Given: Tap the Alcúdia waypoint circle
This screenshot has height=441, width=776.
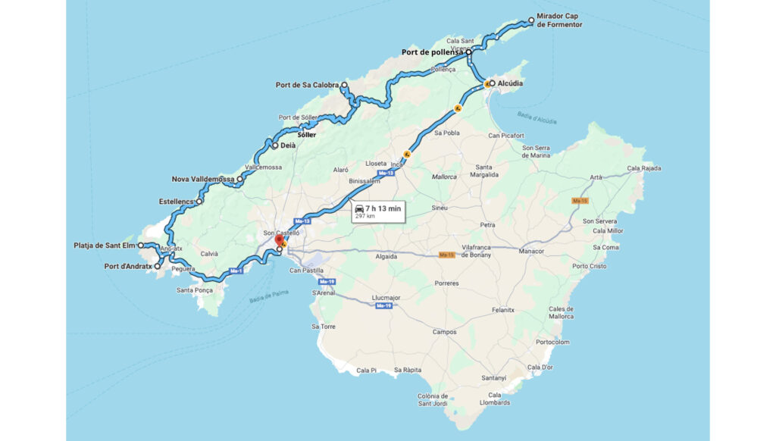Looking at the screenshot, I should point(492,83).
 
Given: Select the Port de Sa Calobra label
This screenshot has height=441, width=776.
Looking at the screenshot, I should point(307,85).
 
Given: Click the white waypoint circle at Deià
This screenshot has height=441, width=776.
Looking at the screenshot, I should point(275,145).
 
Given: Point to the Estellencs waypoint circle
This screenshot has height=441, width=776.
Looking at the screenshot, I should point(199,202).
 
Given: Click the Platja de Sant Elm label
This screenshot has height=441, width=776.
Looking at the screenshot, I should point(105,246).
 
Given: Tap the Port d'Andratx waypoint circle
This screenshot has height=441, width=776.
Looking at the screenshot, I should point(158,267).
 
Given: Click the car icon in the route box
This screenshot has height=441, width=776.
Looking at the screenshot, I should point(359,208).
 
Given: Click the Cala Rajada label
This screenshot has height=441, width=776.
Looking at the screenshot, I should point(644,168).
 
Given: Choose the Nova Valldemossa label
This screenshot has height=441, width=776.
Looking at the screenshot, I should point(202,180).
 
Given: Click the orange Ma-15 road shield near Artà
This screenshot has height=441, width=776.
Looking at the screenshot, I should point(580,201).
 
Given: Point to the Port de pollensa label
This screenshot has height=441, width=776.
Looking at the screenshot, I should point(432,52).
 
